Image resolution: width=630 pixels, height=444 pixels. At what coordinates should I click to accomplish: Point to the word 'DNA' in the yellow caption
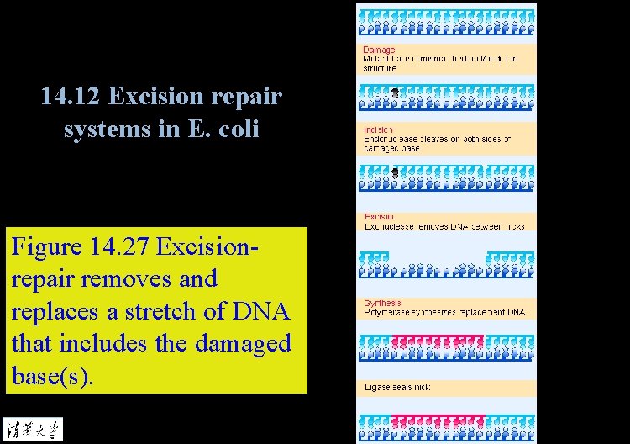click(x=260, y=311)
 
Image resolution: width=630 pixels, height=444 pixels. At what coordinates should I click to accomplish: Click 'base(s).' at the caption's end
click(x=53, y=375)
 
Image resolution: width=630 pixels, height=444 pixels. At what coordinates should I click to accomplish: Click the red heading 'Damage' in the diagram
click(x=379, y=50)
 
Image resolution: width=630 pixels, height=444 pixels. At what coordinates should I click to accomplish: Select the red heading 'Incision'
click(x=379, y=129)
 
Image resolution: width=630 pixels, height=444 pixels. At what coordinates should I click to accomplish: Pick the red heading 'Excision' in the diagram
click(x=380, y=217)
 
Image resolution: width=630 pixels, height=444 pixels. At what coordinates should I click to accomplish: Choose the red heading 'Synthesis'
click(x=382, y=303)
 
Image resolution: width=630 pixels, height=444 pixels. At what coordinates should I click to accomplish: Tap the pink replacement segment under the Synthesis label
click(x=438, y=341)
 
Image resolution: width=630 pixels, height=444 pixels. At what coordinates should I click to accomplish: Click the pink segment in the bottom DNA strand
click(x=438, y=419)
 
